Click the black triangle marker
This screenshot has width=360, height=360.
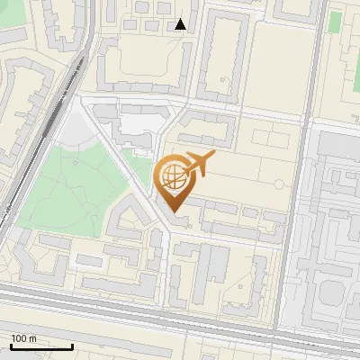181,24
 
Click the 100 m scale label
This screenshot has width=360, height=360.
24,338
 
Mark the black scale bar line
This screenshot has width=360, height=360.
41,346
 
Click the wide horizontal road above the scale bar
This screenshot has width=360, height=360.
180,310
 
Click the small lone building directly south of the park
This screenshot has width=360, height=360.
89,260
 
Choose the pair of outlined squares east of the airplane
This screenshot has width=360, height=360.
269,137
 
